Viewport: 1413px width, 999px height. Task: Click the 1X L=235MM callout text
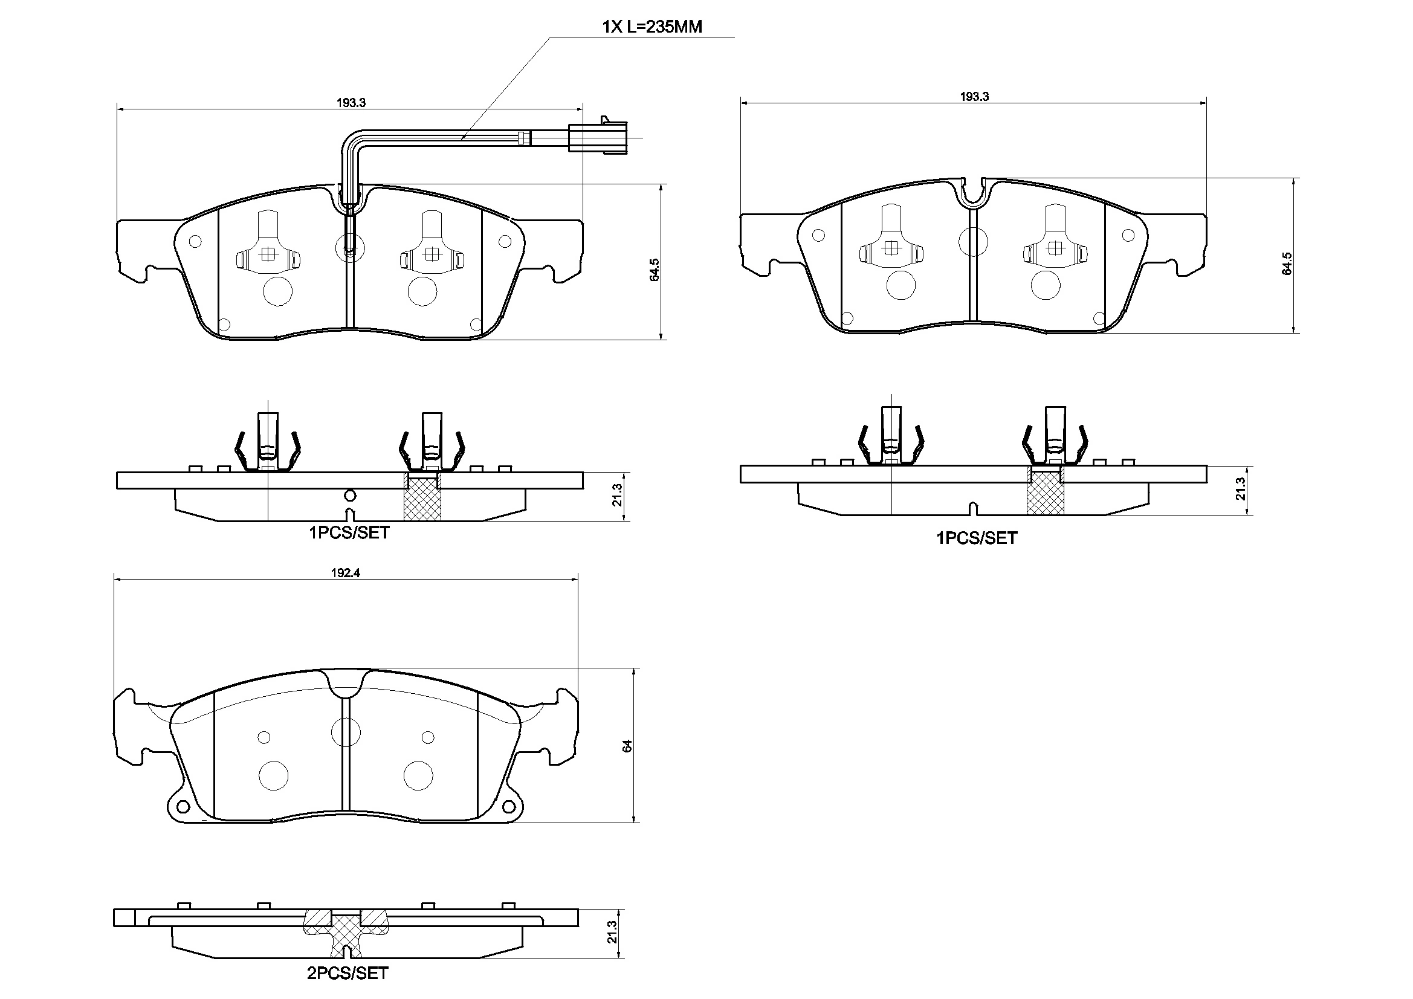point(652,27)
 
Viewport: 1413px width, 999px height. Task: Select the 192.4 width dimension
point(345,572)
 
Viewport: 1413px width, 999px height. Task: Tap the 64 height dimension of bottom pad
point(627,745)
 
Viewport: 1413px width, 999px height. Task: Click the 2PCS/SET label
point(348,973)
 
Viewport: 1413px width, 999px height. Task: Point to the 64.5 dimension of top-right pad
point(1287,263)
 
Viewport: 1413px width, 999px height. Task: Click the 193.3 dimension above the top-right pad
point(974,96)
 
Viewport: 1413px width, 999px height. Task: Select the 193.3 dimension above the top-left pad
point(351,103)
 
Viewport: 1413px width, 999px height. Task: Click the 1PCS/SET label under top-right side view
point(977,538)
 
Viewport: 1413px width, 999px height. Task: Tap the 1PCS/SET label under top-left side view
point(349,532)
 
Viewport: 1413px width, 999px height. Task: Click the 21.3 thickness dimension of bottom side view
point(611,932)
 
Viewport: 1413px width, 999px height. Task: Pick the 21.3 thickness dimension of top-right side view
point(1240,489)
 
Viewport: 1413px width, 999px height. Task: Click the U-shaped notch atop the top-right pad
point(973,192)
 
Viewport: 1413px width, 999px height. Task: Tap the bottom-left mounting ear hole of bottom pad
point(181,807)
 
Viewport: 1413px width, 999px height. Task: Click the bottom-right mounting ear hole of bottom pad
point(508,807)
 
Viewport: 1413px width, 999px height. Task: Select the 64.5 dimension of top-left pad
point(655,270)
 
